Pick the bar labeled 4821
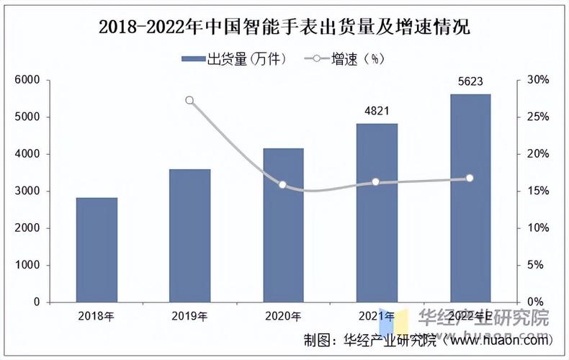tap(376, 212)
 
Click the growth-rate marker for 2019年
tap(189, 100)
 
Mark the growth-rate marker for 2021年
tap(376, 182)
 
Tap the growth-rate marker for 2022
tap(470, 178)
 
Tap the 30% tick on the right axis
tap(538, 80)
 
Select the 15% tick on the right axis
tap(538, 191)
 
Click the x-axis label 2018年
tap(97, 316)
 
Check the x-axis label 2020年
tap(283, 316)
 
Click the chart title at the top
tap(284, 27)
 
